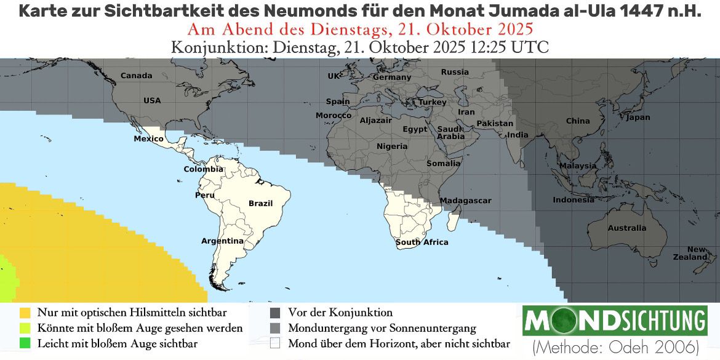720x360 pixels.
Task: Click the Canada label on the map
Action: pos(136,76)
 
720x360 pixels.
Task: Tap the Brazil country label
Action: pos(260,203)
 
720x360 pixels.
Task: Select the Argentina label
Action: pos(223,241)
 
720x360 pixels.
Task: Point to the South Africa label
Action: pos(422,242)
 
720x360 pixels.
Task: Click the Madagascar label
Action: pos(466,201)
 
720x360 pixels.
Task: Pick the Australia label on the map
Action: pos(627,228)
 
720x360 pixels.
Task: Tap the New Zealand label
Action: pos(698,253)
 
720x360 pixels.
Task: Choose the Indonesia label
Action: pos(574,200)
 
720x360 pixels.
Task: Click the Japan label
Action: pos(638,117)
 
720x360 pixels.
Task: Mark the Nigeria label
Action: pos(392,146)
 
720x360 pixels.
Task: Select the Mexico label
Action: pos(149,139)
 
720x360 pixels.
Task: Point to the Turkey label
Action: pos(432,102)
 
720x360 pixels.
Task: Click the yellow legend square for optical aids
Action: pos(25,313)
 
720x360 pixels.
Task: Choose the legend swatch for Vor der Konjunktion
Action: pos(275,313)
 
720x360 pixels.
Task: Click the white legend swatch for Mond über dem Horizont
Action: pos(275,343)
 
